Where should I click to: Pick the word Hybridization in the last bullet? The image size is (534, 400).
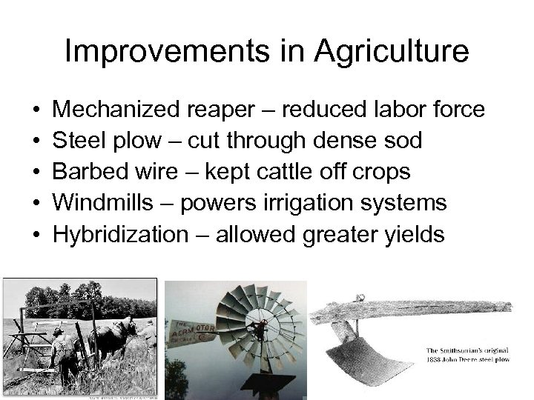click(x=122, y=235)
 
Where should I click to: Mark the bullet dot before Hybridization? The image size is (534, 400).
click(x=36, y=236)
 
